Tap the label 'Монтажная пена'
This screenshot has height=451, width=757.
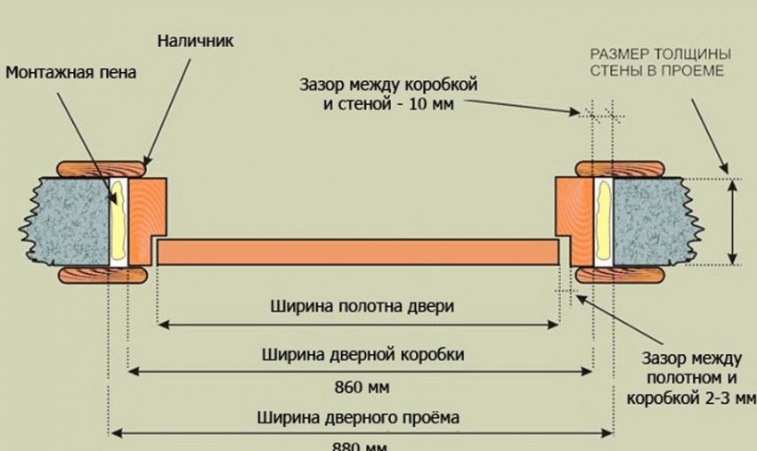(71, 72)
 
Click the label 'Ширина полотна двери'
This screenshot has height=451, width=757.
(362, 307)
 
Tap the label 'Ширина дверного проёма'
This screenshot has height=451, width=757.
(361, 415)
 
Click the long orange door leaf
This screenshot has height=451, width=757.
(356, 252)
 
